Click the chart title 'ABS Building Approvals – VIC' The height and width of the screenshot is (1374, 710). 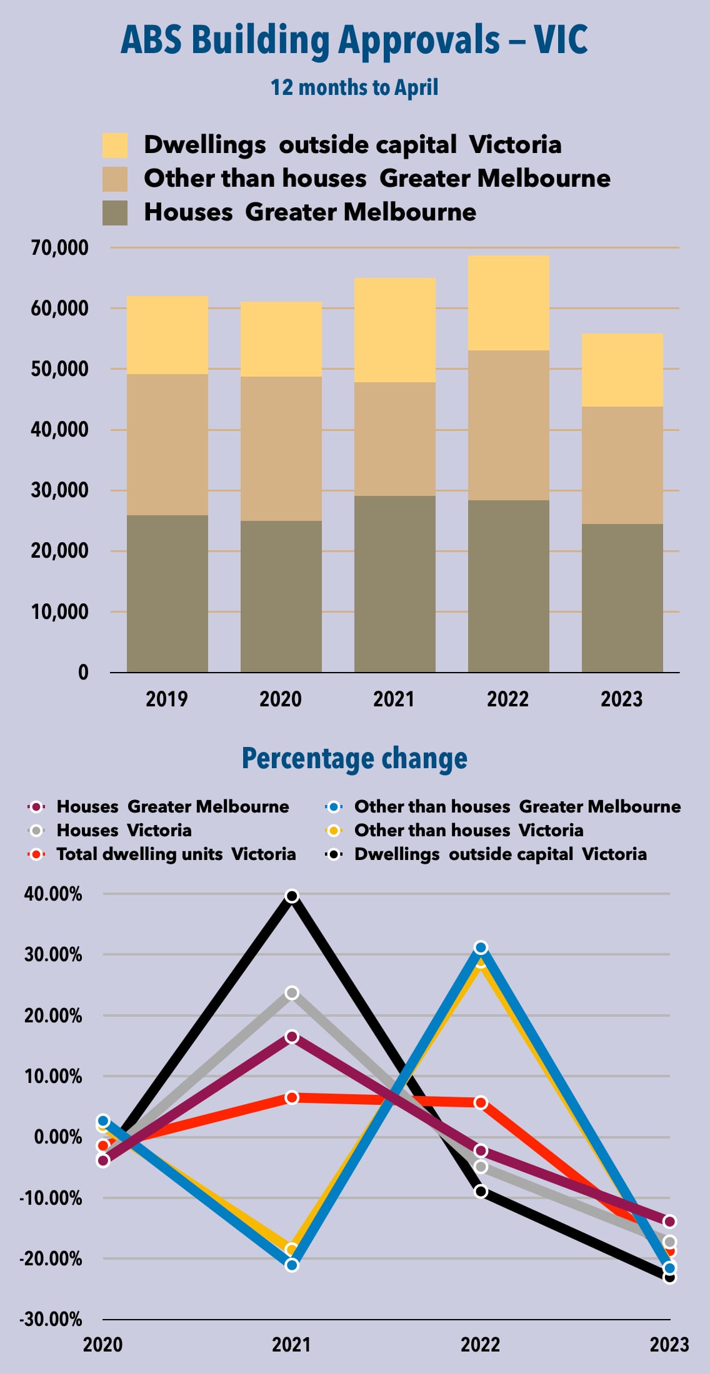pyautogui.click(x=354, y=40)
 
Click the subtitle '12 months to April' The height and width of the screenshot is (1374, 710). pyautogui.click(x=354, y=87)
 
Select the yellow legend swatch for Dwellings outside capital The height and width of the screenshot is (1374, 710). pyautogui.click(x=115, y=145)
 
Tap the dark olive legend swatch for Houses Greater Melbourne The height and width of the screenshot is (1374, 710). pyautogui.click(x=115, y=212)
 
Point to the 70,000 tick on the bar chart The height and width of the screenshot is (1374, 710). pyautogui.click(x=60, y=248)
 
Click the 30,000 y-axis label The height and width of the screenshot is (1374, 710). pyautogui.click(x=60, y=490)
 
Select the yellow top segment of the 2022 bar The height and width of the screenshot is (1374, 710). pyautogui.click(x=508, y=303)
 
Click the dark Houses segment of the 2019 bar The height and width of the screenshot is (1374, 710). pyautogui.click(x=167, y=593)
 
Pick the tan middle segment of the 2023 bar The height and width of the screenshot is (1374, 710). pyautogui.click(x=622, y=465)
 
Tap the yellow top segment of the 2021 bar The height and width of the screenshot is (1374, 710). pyautogui.click(x=394, y=330)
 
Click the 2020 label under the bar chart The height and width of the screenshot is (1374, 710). pyautogui.click(x=281, y=699)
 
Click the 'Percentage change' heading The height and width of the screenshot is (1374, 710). pyautogui.click(x=354, y=758)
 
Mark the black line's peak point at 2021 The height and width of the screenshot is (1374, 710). pyautogui.click(x=292, y=896)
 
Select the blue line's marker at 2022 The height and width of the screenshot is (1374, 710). pyautogui.click(x=481, y=948)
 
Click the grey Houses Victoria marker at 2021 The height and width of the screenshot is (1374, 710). pyautogui.click(x=292, y=993)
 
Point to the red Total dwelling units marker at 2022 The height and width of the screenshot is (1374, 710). pyautogui.click(x=481, y=1103)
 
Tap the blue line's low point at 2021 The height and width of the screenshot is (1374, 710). pyautogui.click(x=292, y=1265)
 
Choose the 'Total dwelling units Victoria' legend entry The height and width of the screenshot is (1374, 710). pyautogui.click(x=176, y=854)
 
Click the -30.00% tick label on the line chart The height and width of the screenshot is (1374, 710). pyautogui.click(x=51, y=1320)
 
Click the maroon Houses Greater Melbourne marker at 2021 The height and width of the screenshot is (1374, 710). pyautogui.click(x=292, y=1037)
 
